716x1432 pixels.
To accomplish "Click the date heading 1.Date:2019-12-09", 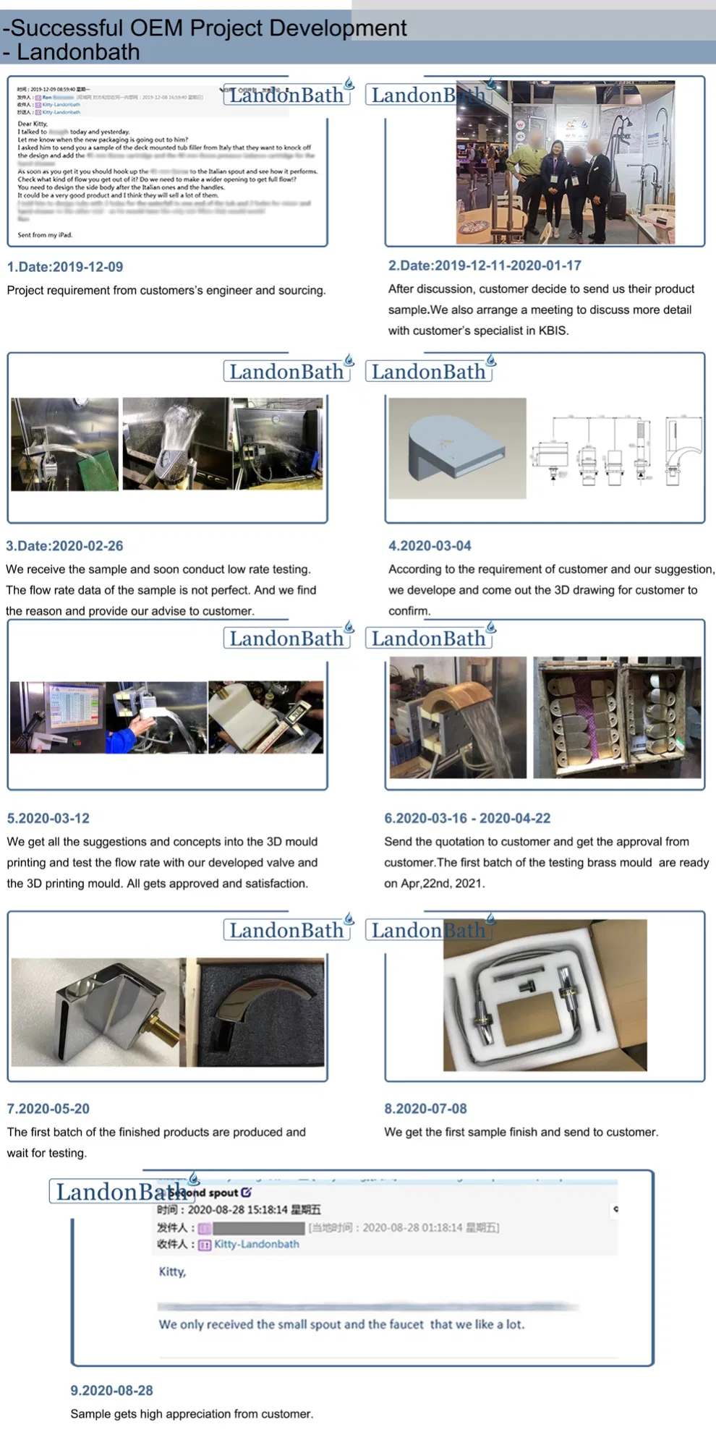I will click(x=65, y=267).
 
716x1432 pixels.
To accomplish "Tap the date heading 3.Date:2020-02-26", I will click(x=64, y=546).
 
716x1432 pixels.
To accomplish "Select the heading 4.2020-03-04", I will click(x=430, y=546).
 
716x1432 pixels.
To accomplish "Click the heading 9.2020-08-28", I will click(x=111, y=1390).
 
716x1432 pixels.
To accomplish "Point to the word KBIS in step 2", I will click(x=553, y=331).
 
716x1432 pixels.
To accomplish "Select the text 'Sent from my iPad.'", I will click(x=45, y=235).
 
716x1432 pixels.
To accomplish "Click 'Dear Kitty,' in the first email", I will click(x=33, y=124).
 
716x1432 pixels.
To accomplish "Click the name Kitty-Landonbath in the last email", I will click(x=256, y=1244).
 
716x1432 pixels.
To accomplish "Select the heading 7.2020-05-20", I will click(x=48, y=1109).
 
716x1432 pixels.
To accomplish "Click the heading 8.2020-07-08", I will click(x=425, y=1109).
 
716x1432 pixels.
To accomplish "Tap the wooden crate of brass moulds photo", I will click(x=617, y=717).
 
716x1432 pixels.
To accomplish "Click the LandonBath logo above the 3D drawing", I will click(x=429, y=372).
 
